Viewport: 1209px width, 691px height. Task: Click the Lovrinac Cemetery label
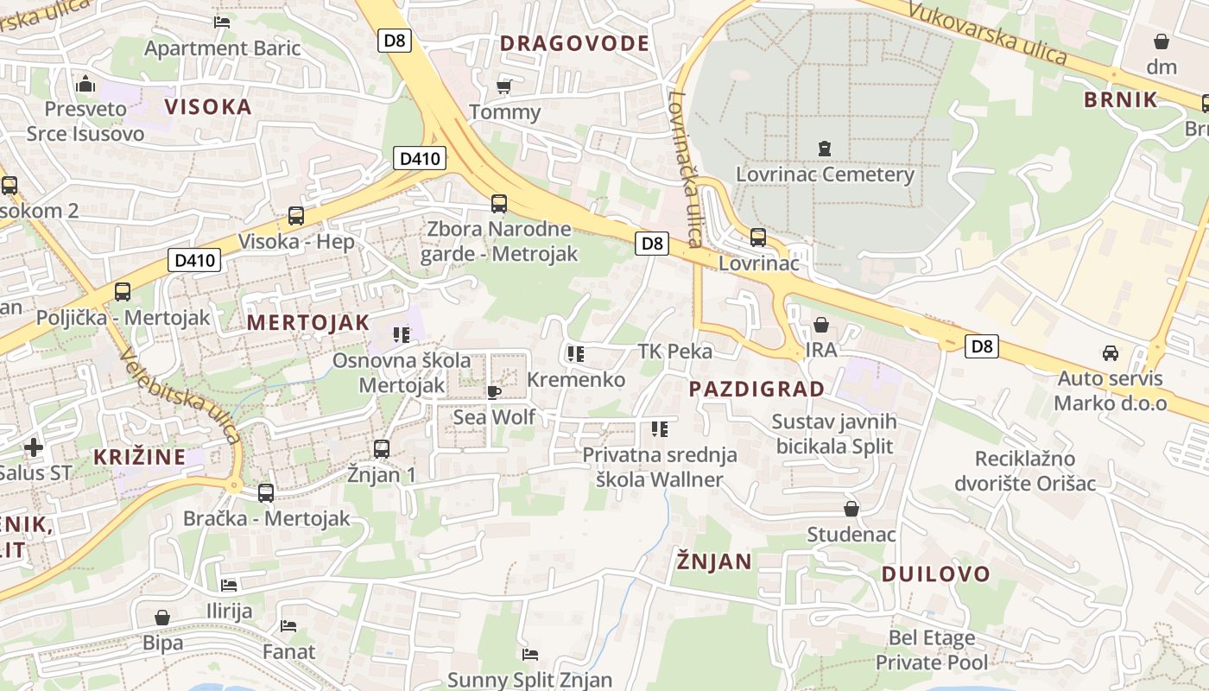(825, 174)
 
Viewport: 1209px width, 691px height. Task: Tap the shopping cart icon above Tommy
(504, 86)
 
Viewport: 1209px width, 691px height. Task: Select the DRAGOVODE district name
(574, 43)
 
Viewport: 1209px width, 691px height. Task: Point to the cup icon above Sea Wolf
(493, 392)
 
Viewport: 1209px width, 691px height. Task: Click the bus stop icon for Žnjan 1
(381, 449)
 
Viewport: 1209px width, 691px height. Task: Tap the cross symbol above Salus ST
(33, 447)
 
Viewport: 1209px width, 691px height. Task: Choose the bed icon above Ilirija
(229, 586)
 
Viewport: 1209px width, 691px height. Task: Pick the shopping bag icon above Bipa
(162, 618)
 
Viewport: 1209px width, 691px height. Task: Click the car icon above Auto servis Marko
(1110, 352)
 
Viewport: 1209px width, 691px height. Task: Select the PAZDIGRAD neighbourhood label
(756, 389)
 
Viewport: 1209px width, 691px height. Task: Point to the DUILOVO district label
(935, 574)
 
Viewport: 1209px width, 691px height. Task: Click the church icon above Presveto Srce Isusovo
(85, 84)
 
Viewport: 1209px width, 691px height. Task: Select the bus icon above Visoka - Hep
(296, 216)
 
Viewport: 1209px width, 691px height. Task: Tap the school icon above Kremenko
(576, 353)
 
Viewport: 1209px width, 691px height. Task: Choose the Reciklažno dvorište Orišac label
(1025, 471)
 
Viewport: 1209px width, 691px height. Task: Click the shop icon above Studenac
(851, 509)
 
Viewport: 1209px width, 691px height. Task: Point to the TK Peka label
(674, 351)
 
